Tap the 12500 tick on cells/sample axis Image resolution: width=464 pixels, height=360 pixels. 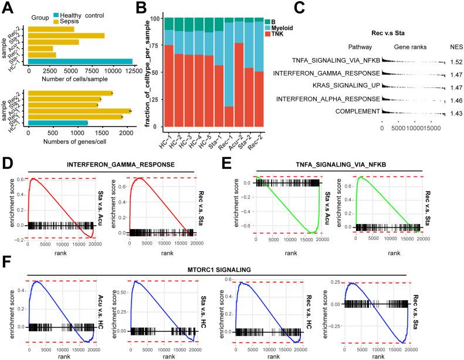[133, 71]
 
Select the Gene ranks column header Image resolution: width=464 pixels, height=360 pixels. [409, 46]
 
